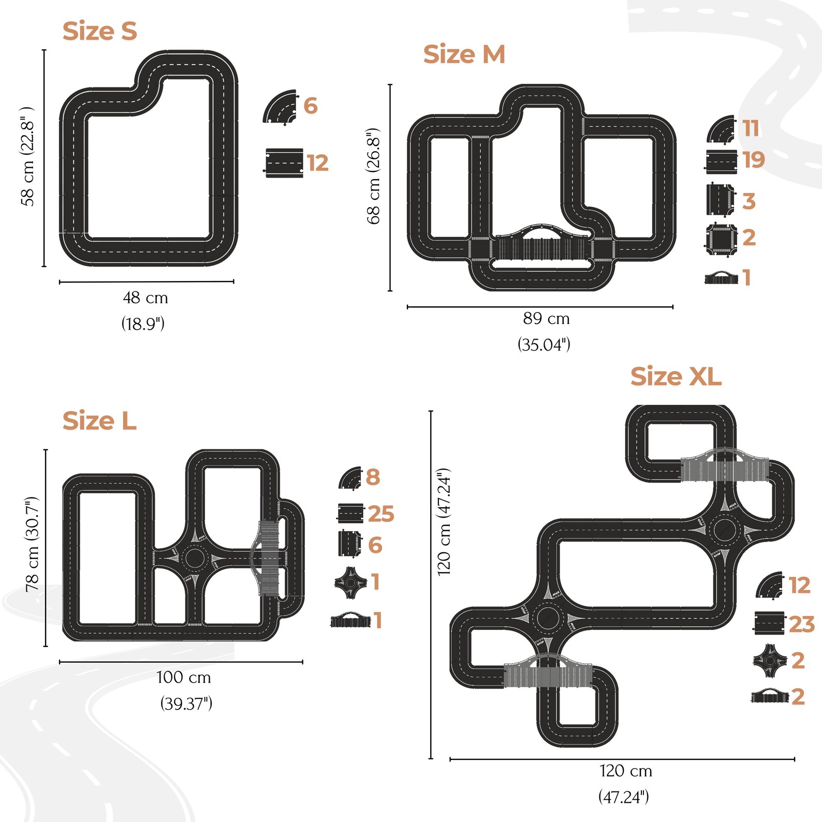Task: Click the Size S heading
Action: click(100, 31)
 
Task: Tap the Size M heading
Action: click(464, 54)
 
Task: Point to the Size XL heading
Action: click(676, 376)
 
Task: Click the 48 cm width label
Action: click(145, 298)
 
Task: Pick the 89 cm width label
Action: click(546, 318)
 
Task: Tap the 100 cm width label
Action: click(184, 677)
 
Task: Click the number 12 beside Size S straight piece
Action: click(318, 163)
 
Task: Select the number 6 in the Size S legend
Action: click(311, 106)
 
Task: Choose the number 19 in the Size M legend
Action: click(754, 160)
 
